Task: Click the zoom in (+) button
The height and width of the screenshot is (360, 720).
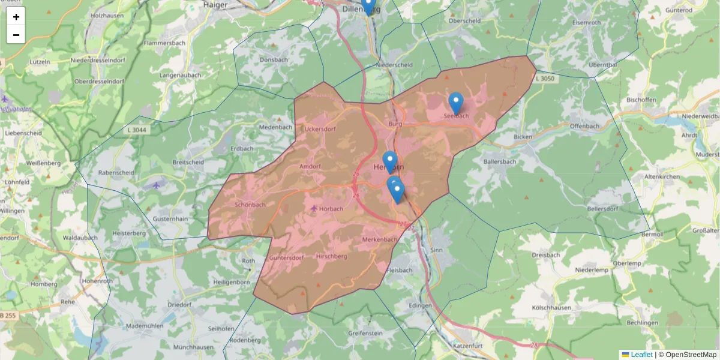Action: coord(16,17)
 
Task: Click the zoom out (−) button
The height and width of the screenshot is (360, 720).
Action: coord(16,35)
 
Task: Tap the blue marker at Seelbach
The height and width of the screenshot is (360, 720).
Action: coord(456,103)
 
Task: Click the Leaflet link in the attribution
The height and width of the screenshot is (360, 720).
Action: coord(641,355)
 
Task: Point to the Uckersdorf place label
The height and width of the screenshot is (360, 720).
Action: coord(320,128)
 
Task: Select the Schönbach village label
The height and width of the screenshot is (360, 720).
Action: coord(250,205)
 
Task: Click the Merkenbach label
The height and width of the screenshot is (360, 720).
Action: coord(379,239)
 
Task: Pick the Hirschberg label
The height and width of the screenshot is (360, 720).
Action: coord(331,256)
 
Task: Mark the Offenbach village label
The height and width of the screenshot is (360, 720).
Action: coord(584,126)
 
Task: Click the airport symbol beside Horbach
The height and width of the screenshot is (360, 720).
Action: coord(314,208)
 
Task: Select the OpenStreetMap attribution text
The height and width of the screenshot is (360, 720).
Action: coord(691,355)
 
